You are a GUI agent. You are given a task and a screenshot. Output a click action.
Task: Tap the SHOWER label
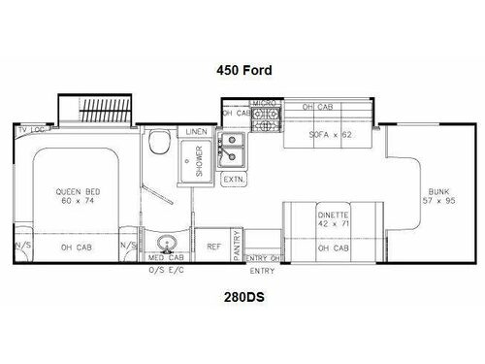198,157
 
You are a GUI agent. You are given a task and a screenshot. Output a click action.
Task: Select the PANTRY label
237,246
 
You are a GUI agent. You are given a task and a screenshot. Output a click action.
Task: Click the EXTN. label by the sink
235,181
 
